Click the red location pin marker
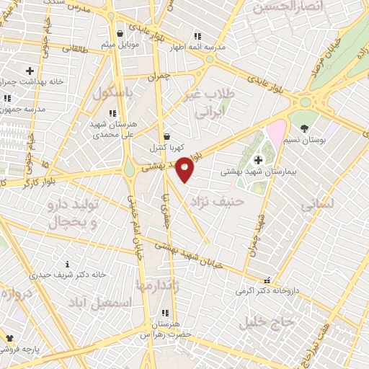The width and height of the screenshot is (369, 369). (x=185, y=169)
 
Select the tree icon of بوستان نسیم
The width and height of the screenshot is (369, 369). (x=305, y=128)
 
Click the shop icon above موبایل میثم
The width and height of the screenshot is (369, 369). (x=119, y=34)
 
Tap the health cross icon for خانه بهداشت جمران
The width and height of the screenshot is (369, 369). (x=30, y=71)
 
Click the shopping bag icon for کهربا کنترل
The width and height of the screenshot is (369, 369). (x=167, y=136)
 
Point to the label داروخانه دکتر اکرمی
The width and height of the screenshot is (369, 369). (x=266, y=291)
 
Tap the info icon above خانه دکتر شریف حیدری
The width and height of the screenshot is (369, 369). (x=67, y=264)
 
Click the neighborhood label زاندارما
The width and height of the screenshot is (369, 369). (x=164, y=286)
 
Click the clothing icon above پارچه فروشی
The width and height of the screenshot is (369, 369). (x=9, y=337)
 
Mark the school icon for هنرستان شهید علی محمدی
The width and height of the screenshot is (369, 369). (x=112, y=114)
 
